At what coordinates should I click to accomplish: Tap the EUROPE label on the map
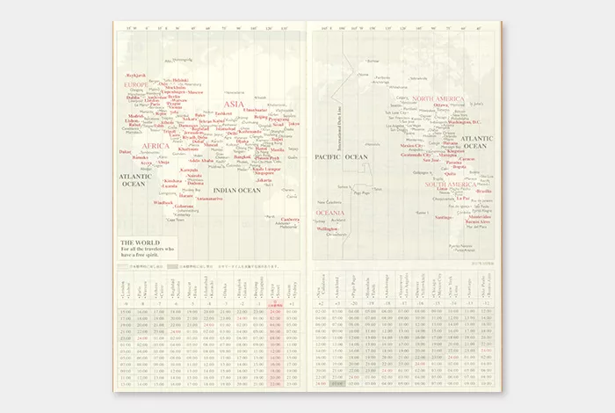137,84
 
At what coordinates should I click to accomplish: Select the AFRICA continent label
156,146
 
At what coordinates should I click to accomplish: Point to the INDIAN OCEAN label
237,190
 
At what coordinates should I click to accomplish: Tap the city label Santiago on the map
444,217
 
